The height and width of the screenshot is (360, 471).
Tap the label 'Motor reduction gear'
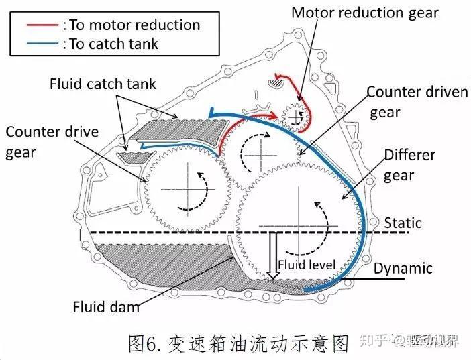pyautogui.click(x=364, y=12)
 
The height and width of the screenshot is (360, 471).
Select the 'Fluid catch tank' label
pyautogui.click(x=103, y=84)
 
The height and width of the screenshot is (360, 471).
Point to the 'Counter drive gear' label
pyautogui.click(x=51, y=141)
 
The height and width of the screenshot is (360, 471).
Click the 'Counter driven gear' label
pyautogui.click(x=417, y=101)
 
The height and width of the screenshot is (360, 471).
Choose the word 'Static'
pyautogui.click(x=403, y=222)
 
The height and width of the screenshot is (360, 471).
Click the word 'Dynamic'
pyautogui.click(x=403, y=268)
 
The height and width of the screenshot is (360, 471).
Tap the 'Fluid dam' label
pyautogui.click(x=106, y=308)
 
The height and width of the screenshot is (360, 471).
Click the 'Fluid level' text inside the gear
pyautogui.click(x=306, y=265)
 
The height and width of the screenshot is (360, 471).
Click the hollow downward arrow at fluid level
pyautogui.click(x=272, y=255)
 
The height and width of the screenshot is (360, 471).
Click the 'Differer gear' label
pyautogui.click(x=409, y=165)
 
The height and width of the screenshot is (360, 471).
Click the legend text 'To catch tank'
pyautogui.click(x=111, y=44)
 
